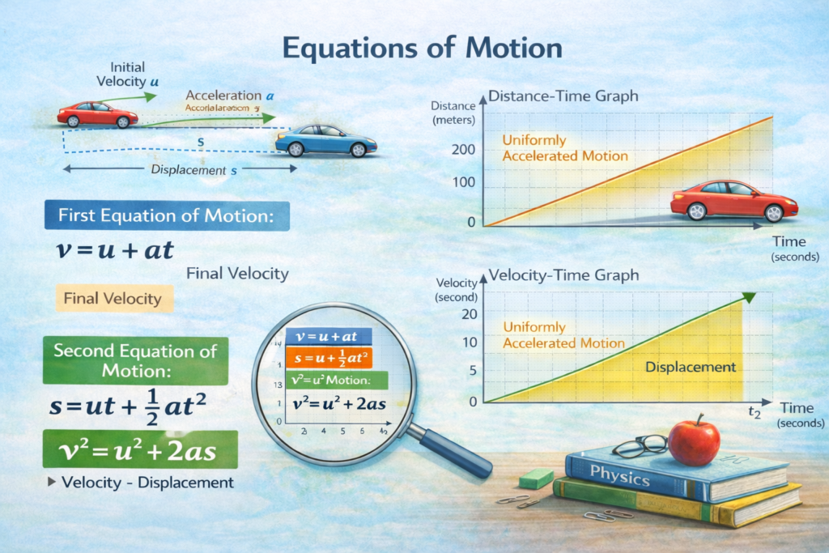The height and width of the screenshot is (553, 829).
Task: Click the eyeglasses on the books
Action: (x=640, y=446)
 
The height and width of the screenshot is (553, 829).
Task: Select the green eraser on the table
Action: (x=535, y=479)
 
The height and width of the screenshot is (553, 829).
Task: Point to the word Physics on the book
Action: (x=619, y=474)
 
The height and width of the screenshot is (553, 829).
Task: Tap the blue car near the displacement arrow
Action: (x=325, y=140)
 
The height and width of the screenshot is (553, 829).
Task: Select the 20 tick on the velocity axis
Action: (x=469, y=314)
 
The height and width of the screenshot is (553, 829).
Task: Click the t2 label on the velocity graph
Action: (x=755, y=413)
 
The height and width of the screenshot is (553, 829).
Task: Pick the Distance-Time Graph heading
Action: (x=563, y=96)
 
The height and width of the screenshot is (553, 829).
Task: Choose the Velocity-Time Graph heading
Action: (x=563, y=275)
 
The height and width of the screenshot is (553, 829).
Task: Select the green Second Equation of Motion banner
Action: (x=135, y=360)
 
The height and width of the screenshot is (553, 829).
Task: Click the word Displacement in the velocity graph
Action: (x=691, y=367)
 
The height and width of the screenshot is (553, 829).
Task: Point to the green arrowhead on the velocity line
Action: (x=749, y=297)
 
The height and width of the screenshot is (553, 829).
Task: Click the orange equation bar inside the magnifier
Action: (x=328, y=358)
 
